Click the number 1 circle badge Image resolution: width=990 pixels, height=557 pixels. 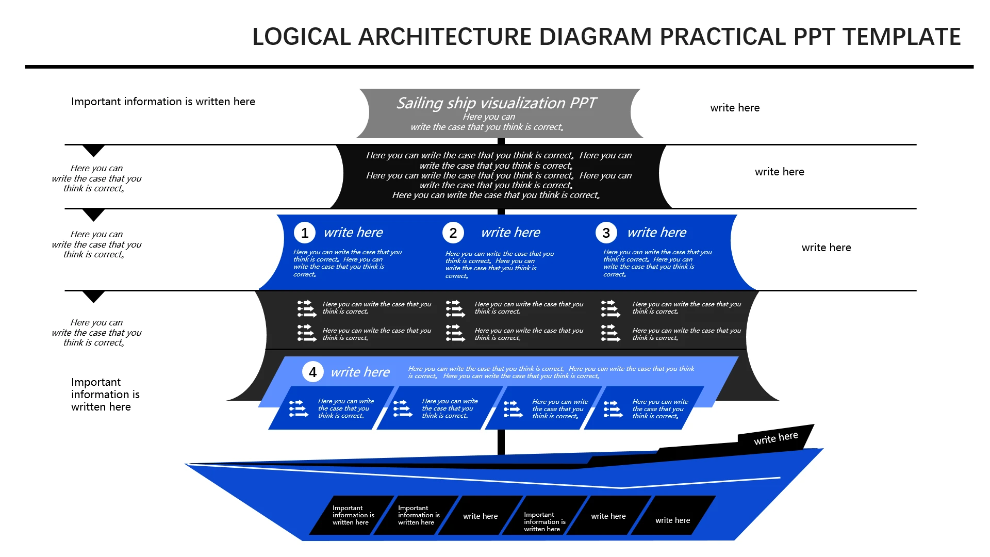pos(305,233)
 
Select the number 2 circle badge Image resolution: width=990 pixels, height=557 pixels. pos(453,233)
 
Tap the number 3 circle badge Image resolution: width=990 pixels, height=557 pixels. pos(606,233)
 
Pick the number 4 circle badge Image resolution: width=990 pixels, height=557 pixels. pos(312,372)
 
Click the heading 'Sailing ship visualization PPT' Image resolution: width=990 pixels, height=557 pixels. pos(496,103)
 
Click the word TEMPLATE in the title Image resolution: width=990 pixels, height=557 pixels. pos(902,37)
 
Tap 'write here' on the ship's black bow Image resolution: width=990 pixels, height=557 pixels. pos(775,438)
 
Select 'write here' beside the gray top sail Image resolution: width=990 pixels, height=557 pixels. pos(735,108)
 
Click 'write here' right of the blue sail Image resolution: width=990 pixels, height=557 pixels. pos(826,248)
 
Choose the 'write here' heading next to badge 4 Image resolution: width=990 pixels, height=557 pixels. pos(360,372)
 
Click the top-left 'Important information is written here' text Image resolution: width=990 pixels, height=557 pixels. pos(163,102)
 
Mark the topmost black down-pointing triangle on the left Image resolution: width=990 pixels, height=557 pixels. pos(94,150)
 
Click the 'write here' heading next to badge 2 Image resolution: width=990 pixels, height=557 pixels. pos(510,233)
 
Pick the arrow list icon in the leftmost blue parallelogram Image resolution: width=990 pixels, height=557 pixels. pos(299,408)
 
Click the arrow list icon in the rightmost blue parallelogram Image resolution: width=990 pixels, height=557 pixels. pos(613,409)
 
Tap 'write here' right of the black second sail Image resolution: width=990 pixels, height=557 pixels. pos(779,172)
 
